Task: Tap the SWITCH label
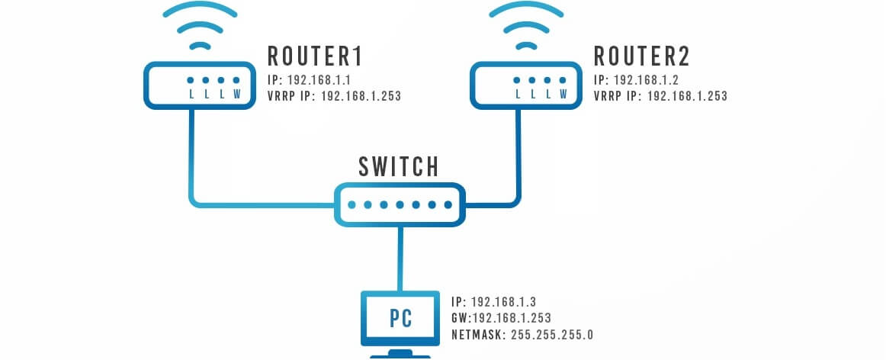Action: pos(399,166)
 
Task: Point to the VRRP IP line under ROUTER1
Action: pos(334,96)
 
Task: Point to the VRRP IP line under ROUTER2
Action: pos(660,96)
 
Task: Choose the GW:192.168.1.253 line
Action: pos(501,317)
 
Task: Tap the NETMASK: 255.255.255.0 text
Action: pos(522,334)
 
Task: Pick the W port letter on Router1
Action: pos(236,95)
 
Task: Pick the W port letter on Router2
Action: pos(563,95)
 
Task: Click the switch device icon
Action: pos(400,204)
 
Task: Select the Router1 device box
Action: pos(197,85)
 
